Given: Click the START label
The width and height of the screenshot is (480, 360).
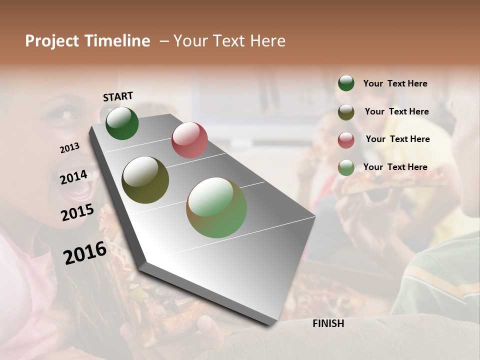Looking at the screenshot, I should [118, 96].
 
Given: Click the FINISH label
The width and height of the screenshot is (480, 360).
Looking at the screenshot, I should [328, 323].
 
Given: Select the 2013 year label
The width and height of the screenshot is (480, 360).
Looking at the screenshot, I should [70, 147].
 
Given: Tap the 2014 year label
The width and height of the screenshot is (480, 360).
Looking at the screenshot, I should [73, 177].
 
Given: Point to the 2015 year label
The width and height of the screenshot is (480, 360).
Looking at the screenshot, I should [77, 212].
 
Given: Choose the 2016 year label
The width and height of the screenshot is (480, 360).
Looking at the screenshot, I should [85, 252].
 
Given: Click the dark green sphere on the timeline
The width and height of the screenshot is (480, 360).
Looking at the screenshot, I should [122, 123].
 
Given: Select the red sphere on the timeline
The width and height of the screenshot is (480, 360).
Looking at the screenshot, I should [189, 140].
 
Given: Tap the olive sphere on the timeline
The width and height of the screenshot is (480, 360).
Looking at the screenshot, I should [145, 180].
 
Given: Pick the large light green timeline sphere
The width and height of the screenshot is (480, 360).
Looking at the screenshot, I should [216, 207].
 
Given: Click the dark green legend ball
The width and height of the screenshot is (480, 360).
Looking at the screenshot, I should [346, 83].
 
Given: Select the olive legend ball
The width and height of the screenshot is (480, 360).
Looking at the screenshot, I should [346, 112].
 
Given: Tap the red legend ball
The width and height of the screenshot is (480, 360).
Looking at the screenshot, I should [346, 140].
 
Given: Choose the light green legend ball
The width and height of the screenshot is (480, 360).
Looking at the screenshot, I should [346, 167].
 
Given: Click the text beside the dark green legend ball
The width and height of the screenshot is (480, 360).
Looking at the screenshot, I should [395, 83].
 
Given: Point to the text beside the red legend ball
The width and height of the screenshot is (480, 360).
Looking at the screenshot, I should [397, 139].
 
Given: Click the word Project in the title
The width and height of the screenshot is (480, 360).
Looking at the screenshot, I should [52, 41].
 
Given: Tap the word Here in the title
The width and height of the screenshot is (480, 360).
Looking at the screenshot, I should [267, 41].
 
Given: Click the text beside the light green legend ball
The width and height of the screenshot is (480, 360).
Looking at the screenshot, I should [395, 167].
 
